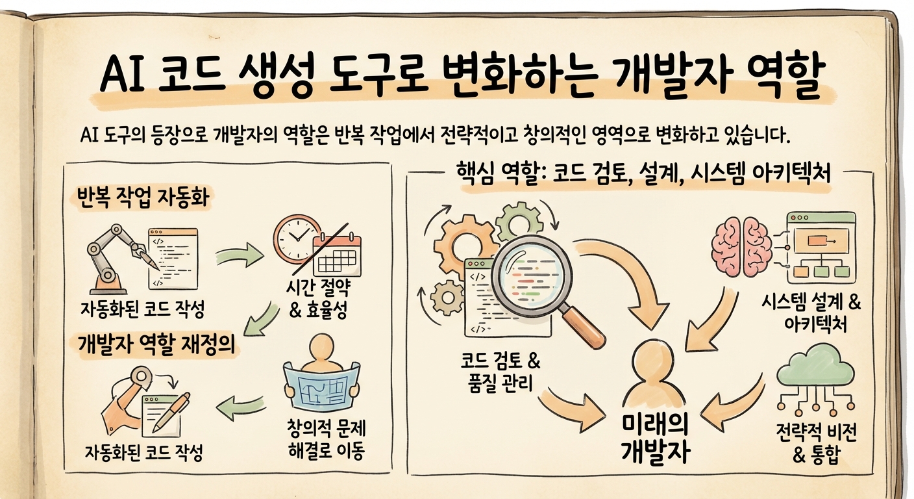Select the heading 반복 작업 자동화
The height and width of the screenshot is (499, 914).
(142, 197)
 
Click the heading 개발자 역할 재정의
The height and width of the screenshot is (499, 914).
(155, 346)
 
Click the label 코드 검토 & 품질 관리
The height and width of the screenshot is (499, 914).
(499, 372)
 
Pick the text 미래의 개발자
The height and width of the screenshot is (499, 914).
(656, 439)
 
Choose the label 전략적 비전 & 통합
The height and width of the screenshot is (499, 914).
(816, 443)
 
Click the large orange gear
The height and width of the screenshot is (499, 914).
(460, 243)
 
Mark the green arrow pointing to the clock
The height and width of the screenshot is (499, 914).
(239, 254)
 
